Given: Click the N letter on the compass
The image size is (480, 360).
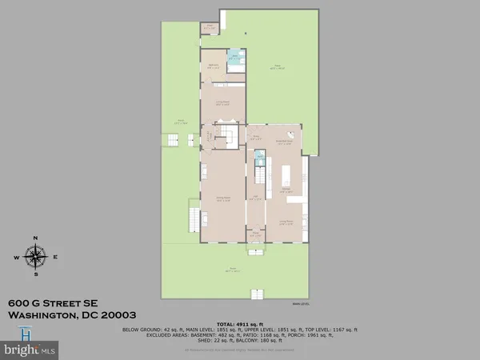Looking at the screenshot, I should click(x=35, y=238).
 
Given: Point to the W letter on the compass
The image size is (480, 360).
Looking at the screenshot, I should click(x=16, y=257).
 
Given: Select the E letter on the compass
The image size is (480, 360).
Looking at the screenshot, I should click(x=54, y=257).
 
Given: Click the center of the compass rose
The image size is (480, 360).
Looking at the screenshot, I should click(x=35, y=257).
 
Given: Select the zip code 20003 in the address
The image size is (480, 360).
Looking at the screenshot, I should click(x=117, y=315).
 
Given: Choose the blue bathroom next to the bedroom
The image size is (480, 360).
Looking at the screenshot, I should click(x=234, y=61).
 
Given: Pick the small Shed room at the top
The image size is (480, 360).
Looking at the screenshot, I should click(x=210, y=27).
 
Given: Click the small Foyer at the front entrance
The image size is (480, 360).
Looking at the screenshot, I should click(x=254, y=235).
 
